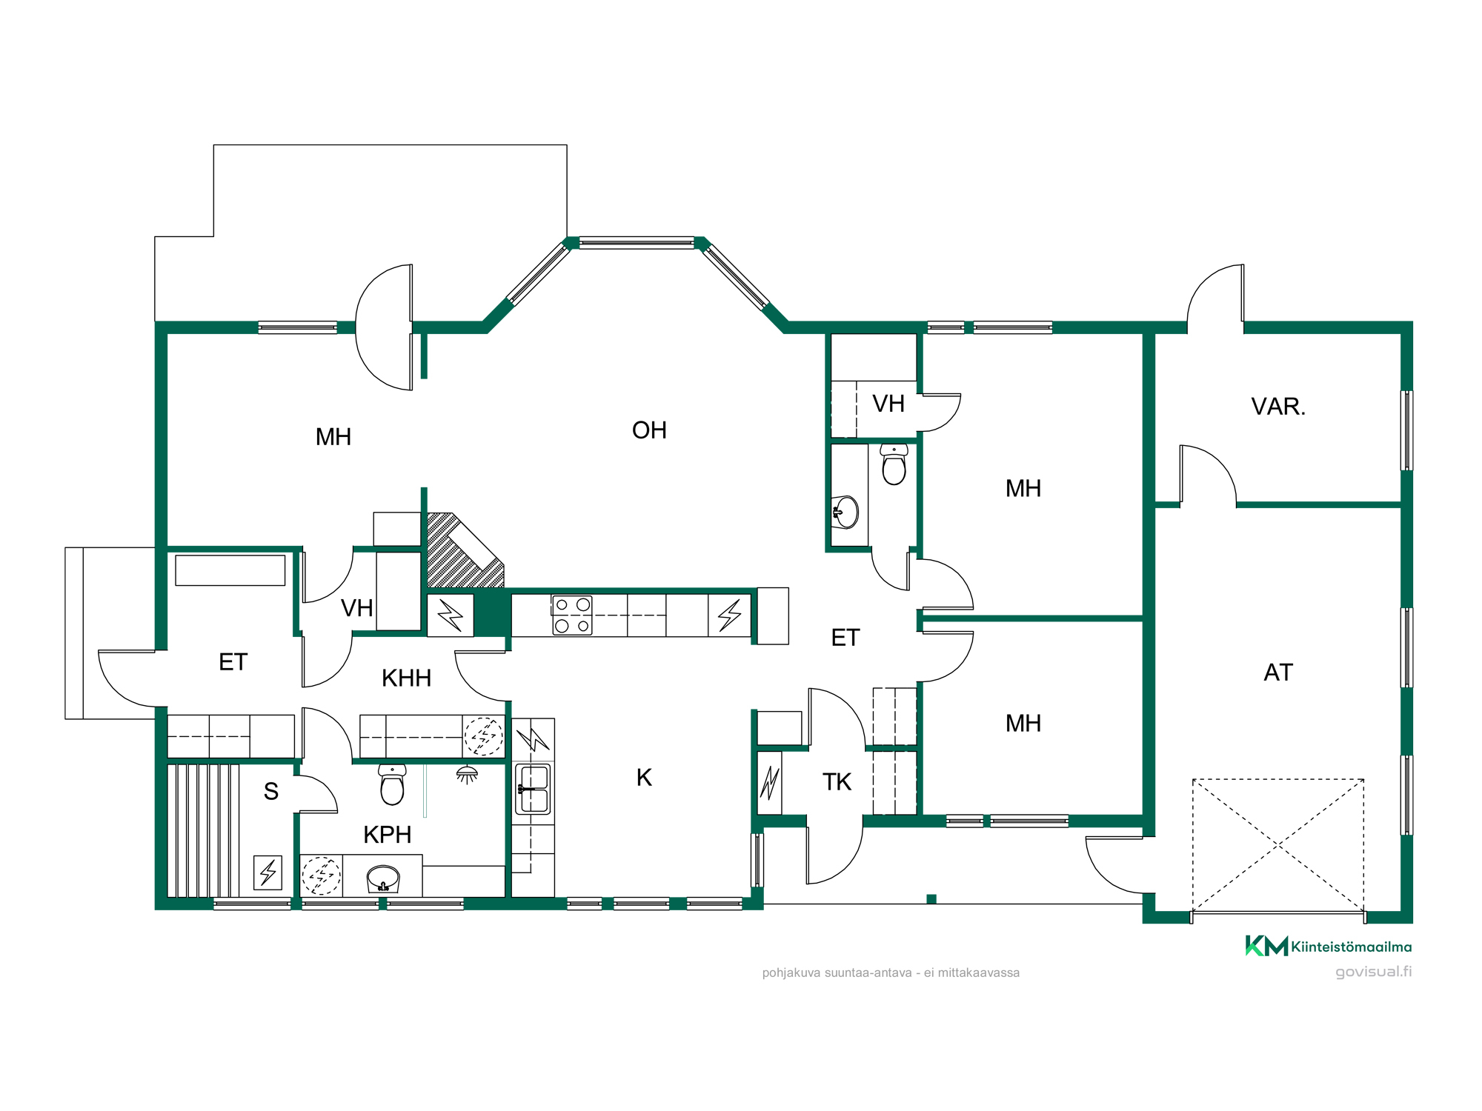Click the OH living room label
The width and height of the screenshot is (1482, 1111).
coord(649,430)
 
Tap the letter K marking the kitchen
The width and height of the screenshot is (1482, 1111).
coord(644,778)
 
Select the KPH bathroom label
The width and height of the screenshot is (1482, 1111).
coord(387,835)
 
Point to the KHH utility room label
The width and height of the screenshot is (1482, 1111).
coord(406,678)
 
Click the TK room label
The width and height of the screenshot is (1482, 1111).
coord(837,782)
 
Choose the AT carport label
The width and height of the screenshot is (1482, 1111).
coord(1278,673)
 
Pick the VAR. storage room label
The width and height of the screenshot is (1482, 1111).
coord(1278,407)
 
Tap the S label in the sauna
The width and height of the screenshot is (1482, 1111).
coord(271,792)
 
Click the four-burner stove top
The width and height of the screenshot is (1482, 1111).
coord(572,615)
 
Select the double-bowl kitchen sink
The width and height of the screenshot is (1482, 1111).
coord(533,789)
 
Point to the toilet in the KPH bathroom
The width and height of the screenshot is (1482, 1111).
coord(392,784)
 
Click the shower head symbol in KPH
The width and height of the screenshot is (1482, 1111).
coord(467,775)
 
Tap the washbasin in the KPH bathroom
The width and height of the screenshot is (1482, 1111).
coord(383,879)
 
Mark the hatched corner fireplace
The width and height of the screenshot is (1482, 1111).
coord(465,551)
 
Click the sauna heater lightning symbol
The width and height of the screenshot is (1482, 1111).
coord(268,872)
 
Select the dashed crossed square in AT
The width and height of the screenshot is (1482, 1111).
coord(1278,845)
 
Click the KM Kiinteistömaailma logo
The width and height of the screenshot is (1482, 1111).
coord(1329,946)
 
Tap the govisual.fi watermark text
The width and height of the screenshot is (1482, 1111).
coord(1373,972)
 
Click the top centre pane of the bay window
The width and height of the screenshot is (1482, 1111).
coord(637,242)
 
